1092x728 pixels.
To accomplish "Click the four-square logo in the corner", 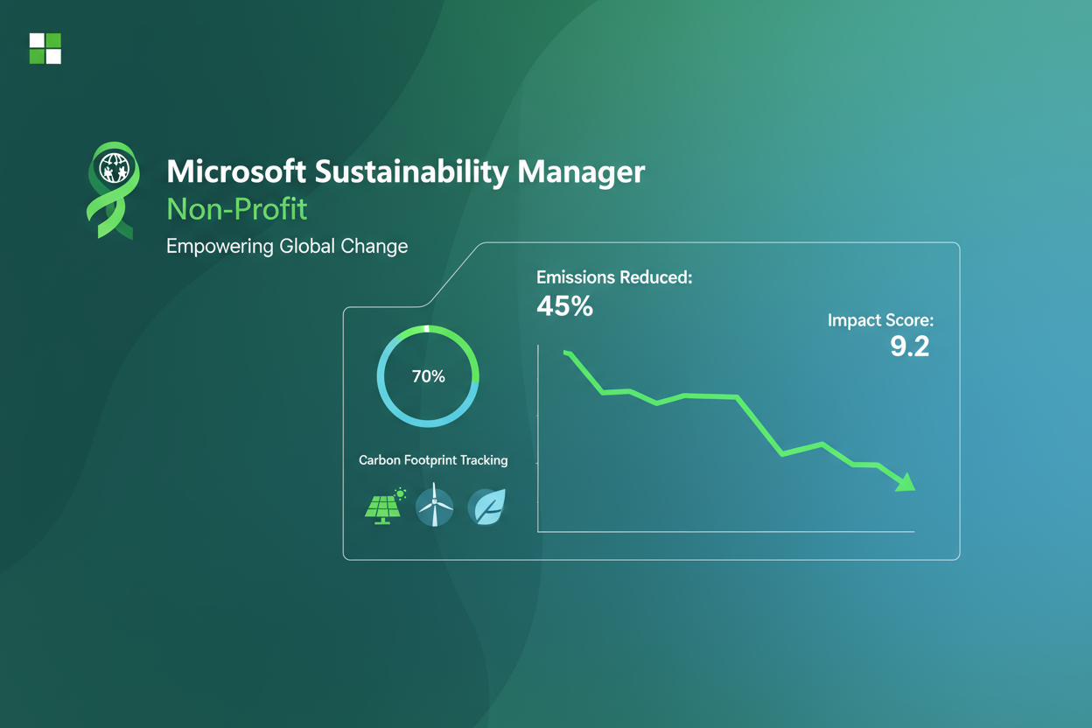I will (x=45, y=48).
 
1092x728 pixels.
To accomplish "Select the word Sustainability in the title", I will (x=411, y=171).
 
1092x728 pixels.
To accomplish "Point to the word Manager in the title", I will (x=581, y=171).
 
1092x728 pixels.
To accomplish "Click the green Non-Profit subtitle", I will (x=236, y=210).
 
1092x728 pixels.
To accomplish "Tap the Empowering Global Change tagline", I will (x=287, y=246).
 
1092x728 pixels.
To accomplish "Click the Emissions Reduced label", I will (x=613, y=277).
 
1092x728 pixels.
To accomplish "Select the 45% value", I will (x=564, y=306).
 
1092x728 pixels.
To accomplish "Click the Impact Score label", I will (x=880, y=320).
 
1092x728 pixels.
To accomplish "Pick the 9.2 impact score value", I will (x=909, y=347).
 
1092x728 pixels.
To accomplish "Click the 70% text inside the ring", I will (x=428, y=376).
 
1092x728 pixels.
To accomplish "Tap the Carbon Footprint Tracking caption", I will (x=433, y=460).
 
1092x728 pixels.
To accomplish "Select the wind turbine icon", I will (x=434, y=506).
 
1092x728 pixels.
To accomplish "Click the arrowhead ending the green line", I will (x=906, y=482).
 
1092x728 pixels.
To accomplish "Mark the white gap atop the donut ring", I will (x=426, y=329).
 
